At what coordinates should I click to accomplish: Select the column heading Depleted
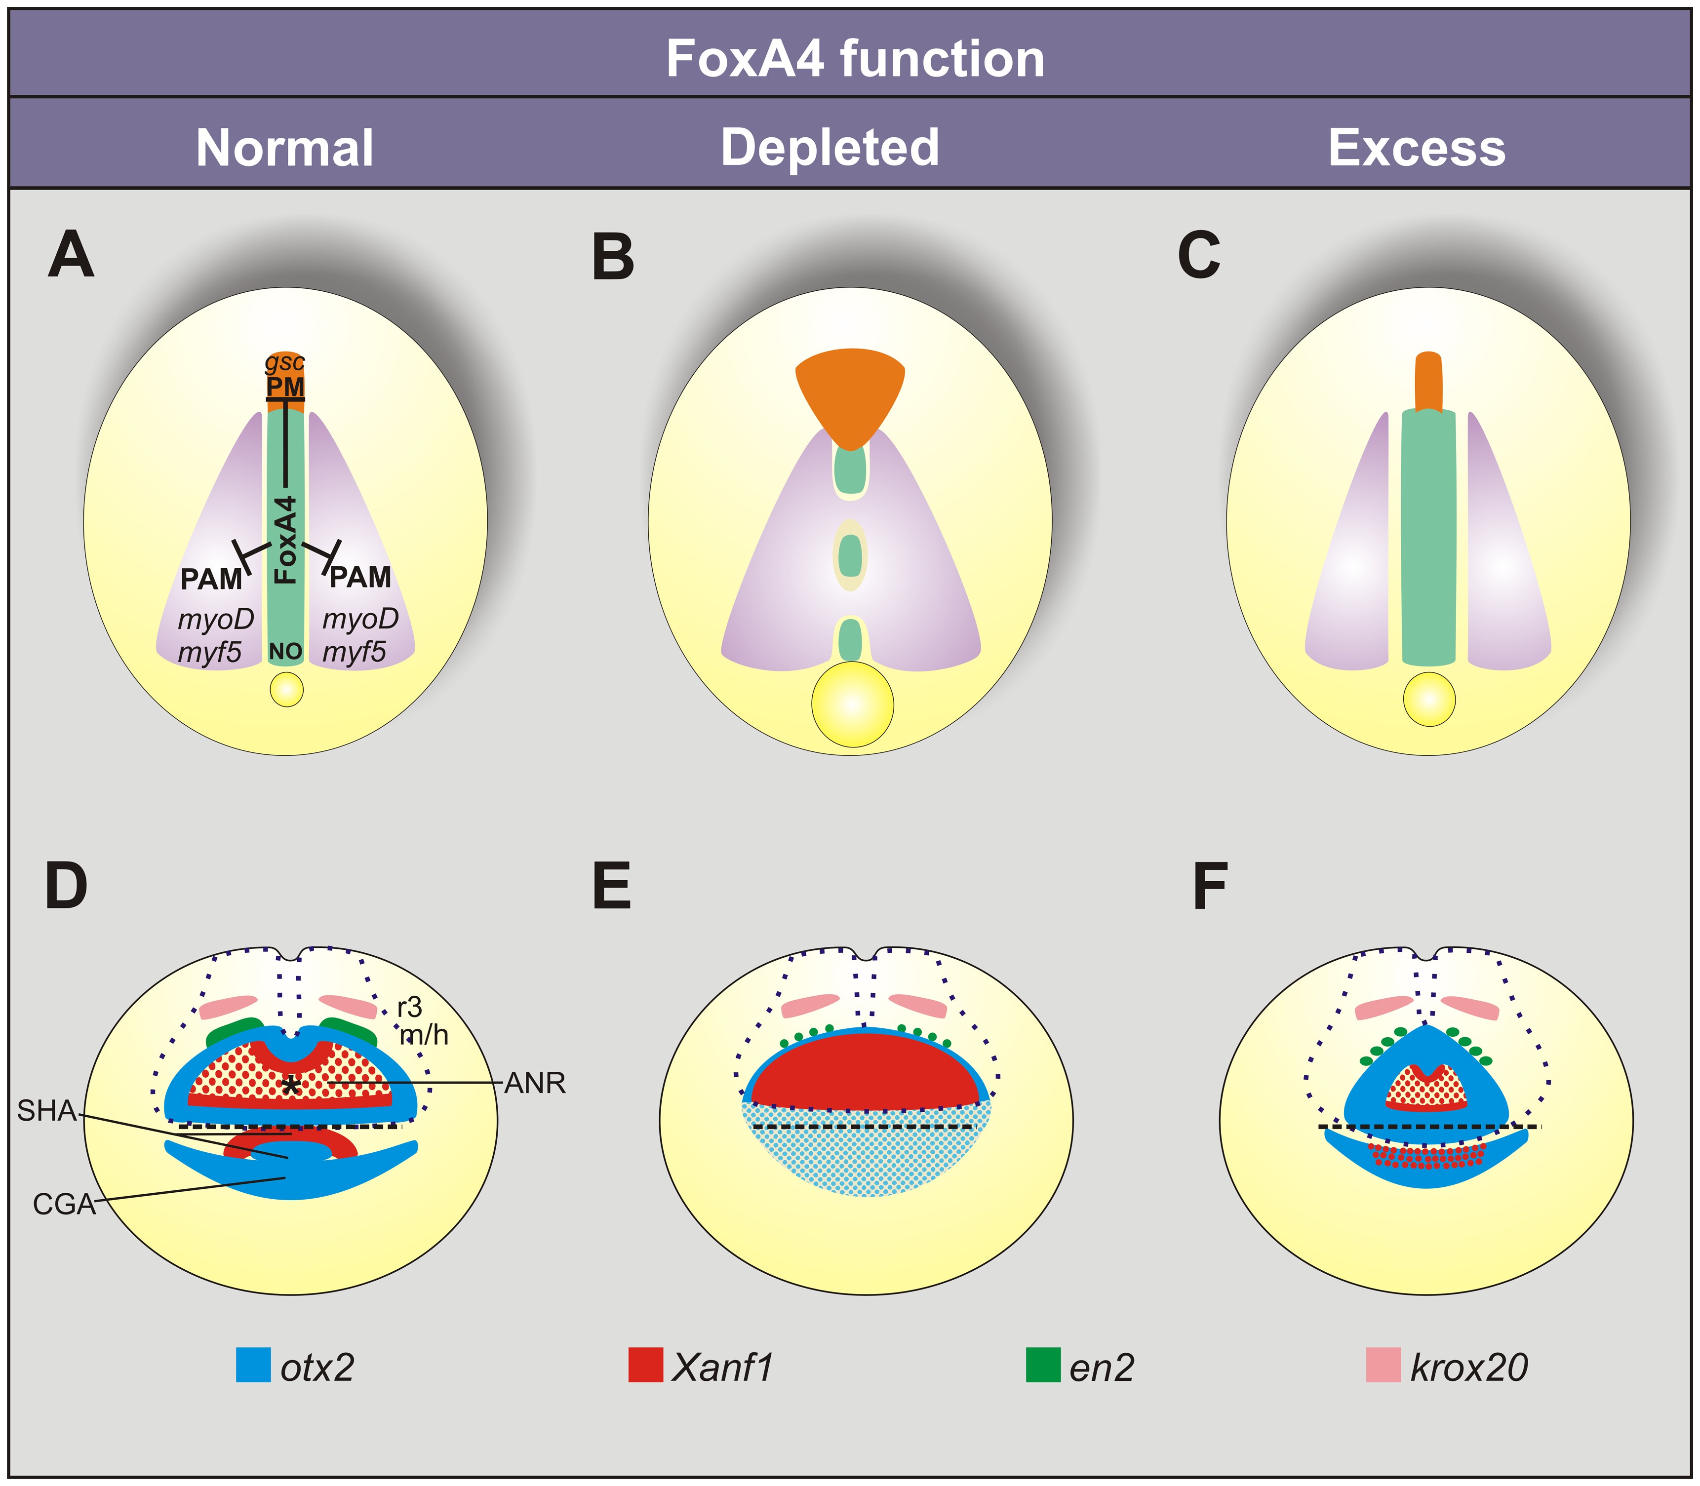point(830,148)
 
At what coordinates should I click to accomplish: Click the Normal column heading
point(284,148)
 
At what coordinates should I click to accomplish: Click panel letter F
point(1209,887)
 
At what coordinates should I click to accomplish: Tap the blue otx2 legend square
point(253,1364)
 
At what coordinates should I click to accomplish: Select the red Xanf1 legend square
point(645,1364)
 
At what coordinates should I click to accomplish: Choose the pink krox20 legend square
point(1383,1364)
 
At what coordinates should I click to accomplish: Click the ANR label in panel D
point(535,1083)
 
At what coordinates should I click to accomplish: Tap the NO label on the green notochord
point(285,651)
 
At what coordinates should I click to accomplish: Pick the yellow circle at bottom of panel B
point(853,704)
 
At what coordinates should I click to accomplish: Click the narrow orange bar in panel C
point(1428,382)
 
